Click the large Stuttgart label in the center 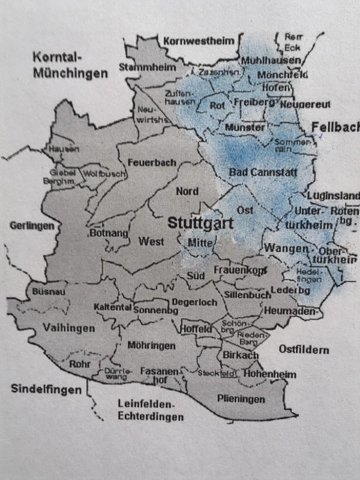click(200, 223)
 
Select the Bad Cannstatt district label click(263, 172)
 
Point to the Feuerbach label click(151, 163)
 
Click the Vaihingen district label click(68, 328)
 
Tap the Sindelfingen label click(46, 389)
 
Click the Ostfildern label click(304, 349)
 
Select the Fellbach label click(335, 127)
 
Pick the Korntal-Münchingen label click(71, 66)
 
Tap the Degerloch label click(194, 302)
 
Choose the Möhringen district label click(151, 346)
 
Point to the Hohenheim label click(271, 374)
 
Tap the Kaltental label click(112, 307)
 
